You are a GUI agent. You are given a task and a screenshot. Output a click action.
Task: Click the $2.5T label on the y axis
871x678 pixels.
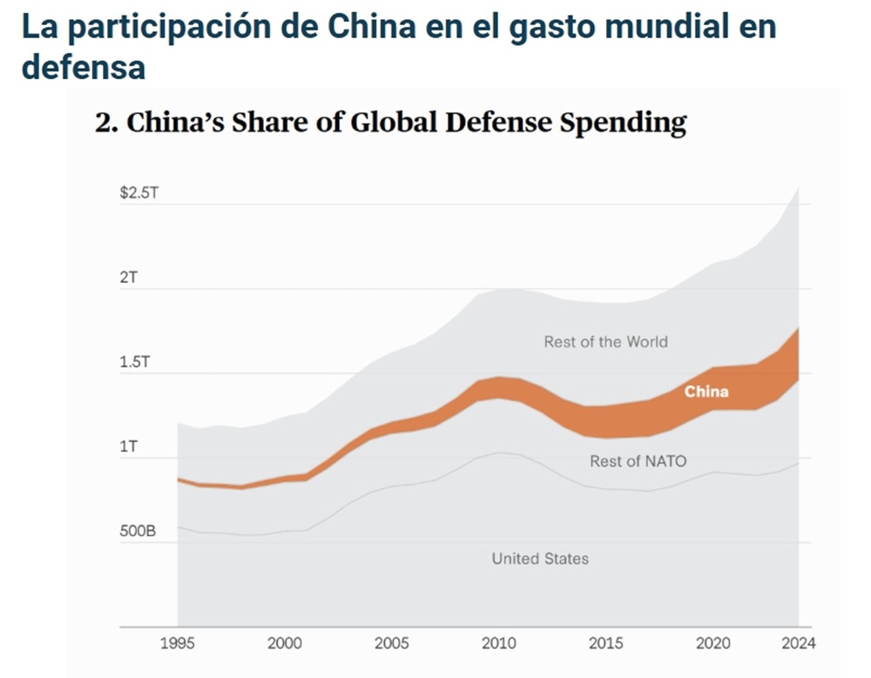139,192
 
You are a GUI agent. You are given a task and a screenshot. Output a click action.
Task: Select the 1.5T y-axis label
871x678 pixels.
135,363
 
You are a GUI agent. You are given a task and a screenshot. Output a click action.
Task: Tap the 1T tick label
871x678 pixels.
128,447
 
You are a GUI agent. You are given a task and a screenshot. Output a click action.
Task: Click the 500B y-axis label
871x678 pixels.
138,530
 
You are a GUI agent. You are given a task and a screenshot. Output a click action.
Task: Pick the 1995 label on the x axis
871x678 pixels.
178,644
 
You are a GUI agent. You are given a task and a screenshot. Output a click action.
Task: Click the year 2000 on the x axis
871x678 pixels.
285,644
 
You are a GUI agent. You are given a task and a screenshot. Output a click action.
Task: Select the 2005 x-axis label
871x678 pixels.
391,644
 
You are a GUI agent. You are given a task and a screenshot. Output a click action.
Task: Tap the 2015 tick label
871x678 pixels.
605,644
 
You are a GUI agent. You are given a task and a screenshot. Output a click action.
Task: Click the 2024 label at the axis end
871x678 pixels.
798,644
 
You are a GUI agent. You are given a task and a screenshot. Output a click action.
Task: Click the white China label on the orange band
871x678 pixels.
706,392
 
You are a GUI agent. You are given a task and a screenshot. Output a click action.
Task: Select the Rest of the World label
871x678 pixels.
606,342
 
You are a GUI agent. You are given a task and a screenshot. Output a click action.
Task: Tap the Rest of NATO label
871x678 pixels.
638,461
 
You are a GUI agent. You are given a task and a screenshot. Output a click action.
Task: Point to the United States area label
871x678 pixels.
540,559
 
